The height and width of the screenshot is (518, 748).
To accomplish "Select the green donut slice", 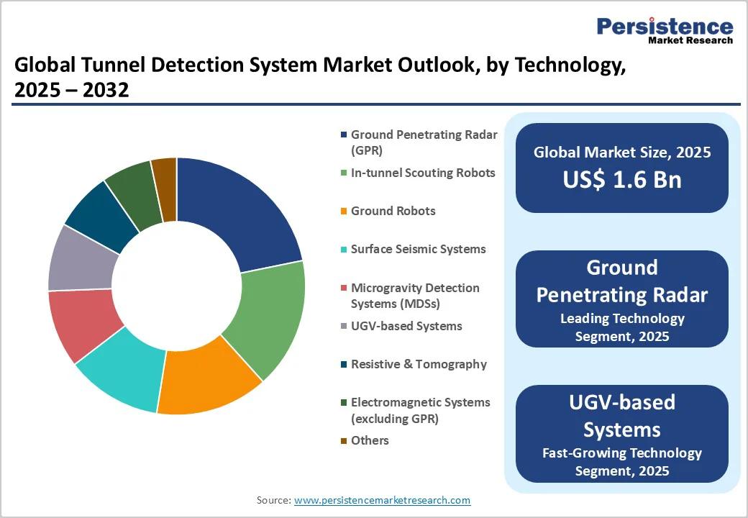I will [266, 317].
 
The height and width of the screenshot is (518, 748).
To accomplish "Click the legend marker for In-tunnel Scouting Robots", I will [345, 173].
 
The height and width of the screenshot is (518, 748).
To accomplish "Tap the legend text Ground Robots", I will [393, 211].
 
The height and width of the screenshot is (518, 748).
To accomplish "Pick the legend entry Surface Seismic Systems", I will [418, 249].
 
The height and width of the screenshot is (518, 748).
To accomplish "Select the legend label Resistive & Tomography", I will [419, 364].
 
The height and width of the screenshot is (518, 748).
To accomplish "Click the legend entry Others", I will [370, 440].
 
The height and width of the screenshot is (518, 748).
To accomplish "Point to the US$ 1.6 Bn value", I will [622, 180].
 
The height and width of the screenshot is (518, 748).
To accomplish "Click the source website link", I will [382, 500].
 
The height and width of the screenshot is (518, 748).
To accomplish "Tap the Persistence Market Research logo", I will [665, 30].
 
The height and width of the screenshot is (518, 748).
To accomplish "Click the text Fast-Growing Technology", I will [621, 453].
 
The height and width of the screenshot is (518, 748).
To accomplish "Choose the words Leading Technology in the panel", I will [622, 318].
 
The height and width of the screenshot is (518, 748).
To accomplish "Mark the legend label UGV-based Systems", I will [406, 326].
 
